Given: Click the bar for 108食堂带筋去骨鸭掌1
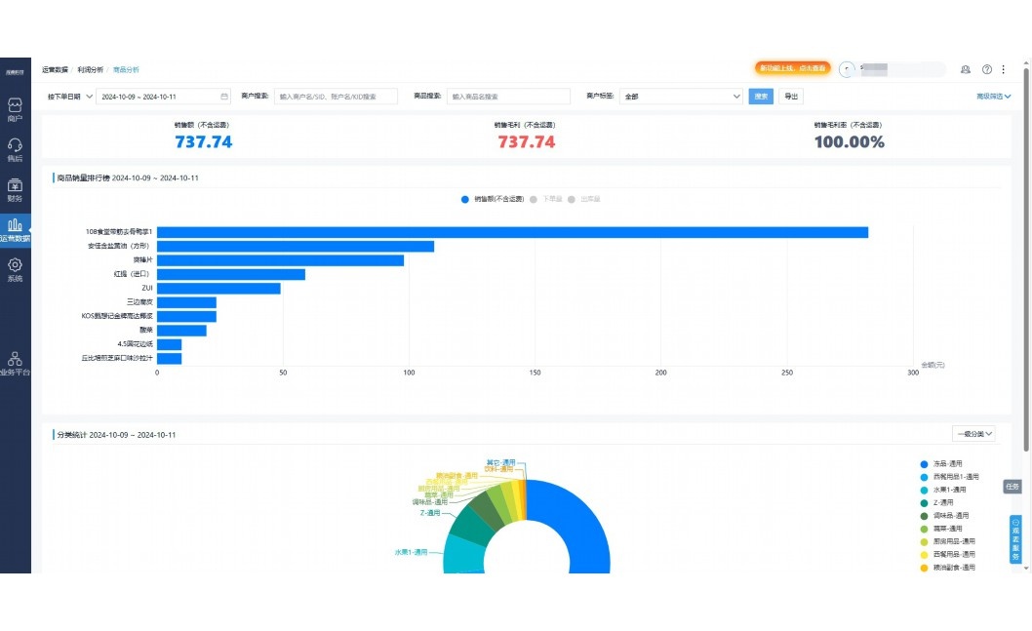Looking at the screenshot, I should point(512,232).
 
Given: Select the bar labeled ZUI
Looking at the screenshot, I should point(218,289).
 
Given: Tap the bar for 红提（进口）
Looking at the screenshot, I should point(231,275).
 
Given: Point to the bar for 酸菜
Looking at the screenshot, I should point(181,331).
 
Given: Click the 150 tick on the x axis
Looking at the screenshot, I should point(535,373).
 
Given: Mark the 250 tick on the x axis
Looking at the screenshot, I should point(787,373).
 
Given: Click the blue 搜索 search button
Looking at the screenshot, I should point(761,97).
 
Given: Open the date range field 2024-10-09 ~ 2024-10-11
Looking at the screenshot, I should point(163,97).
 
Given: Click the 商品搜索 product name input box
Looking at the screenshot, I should point(508,97).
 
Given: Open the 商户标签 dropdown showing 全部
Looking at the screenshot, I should point(681,97).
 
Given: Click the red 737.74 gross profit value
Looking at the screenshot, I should point(526,142).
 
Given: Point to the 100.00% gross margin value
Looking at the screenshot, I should point(849,142).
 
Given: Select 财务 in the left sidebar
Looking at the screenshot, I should point(15,190).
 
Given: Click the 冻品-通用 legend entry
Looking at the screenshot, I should point(948,463).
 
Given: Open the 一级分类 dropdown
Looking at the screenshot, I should point(973,434).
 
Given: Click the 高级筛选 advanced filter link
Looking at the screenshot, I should point(993,97).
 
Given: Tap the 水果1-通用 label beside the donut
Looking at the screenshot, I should point(411,552).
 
